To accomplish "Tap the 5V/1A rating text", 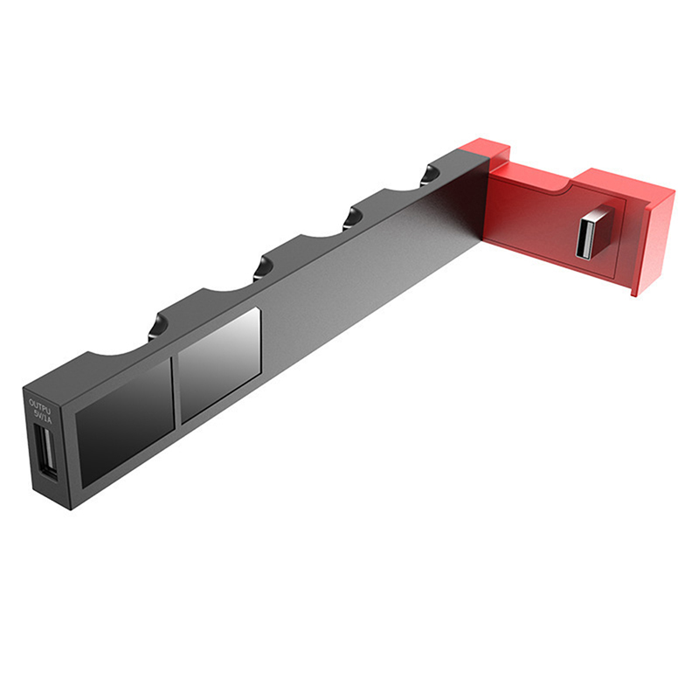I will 42,417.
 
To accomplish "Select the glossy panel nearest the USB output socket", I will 122,418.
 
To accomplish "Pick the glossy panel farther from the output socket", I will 218,364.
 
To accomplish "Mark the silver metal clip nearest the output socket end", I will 155,329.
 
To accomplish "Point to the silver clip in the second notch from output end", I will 260,268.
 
